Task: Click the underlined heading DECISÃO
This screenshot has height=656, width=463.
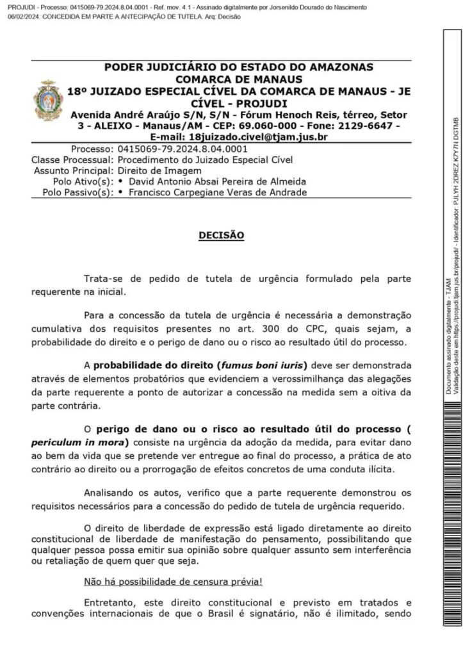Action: pyautogui.click(x=221, y=235)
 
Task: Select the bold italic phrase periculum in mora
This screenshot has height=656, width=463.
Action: pyautogui.click(x=77, y=443)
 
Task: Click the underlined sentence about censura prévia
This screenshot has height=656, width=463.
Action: pyautogui.click(x=173, y=582)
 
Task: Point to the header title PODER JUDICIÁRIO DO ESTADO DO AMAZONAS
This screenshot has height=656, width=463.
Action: pyautogui.click(x=238, y=67)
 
